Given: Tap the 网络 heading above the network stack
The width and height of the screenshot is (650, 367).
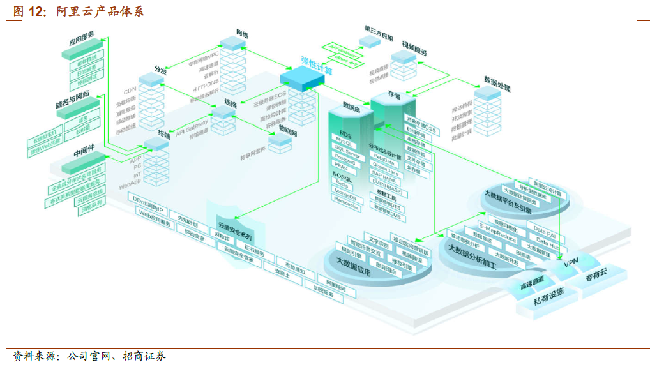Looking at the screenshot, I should coord(242,33).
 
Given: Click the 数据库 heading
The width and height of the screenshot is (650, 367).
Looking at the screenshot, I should coord(352,105).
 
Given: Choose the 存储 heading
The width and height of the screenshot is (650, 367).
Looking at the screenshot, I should coord(393,94).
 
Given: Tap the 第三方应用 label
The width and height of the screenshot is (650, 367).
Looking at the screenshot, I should coord(378,30).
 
